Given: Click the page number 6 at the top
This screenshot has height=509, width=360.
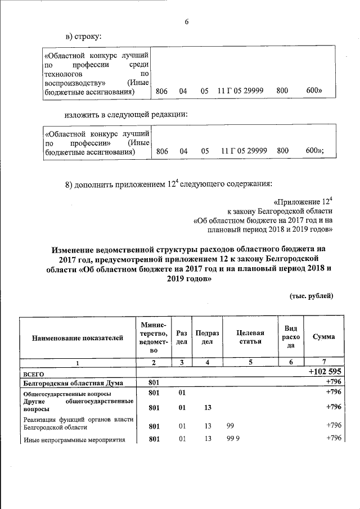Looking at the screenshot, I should [186, 22].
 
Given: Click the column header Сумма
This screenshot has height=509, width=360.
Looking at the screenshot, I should [323, 336].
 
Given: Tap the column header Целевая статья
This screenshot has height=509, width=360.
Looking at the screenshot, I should [250, 337].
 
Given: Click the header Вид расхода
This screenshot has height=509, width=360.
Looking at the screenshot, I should [291, 336].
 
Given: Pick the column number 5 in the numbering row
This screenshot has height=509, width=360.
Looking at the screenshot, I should [250, 362].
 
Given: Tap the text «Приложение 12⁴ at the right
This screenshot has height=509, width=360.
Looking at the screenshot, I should [303, 201].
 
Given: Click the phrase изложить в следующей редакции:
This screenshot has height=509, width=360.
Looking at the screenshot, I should [125, 114].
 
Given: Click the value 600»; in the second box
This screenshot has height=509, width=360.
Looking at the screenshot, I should [314, 151].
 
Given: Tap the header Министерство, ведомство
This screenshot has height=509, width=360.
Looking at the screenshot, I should [152, 337].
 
